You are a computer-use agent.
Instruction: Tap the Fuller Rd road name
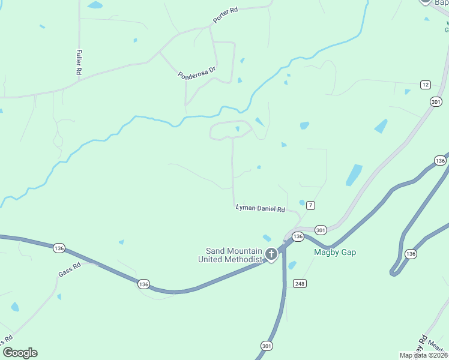[79, 62]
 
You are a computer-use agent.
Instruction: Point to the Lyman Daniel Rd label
[260, 208]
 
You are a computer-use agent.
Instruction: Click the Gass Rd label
[69, 269]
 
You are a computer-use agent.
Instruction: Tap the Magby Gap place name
[335, 252]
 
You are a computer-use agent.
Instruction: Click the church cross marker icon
[271, 254]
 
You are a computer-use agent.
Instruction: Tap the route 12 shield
[425, 85]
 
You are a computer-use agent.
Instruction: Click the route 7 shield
[310, 205]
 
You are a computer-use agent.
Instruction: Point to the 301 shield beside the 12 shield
[436, 103]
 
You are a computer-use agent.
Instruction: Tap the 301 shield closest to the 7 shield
[321, 230]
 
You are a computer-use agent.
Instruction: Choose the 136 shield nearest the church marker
[298, 238]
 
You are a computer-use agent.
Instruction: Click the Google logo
[20, 353]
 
